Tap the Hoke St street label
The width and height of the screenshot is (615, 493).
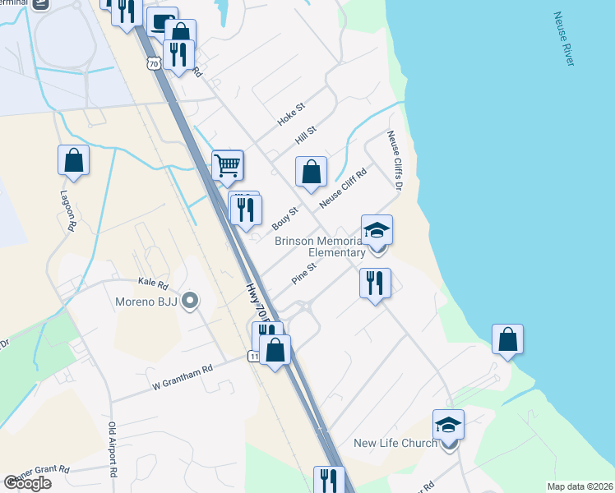[291, 113]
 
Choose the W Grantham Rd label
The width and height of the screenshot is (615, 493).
[182, 376]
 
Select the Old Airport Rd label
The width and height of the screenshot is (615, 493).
[113, 450]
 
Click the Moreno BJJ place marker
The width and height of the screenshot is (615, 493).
[191, 302]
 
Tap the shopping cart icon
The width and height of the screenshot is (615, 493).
[228, 164]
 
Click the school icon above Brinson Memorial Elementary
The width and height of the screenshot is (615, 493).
[377, 229]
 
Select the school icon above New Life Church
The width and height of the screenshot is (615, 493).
[448, 424]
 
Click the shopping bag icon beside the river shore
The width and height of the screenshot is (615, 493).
[508, 339]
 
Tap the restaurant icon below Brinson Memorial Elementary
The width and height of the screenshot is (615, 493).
[375, 283]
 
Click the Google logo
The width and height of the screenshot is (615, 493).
[27, 483]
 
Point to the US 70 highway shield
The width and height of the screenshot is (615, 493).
[153, 63]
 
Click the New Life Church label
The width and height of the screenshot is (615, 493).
[395, 444]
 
